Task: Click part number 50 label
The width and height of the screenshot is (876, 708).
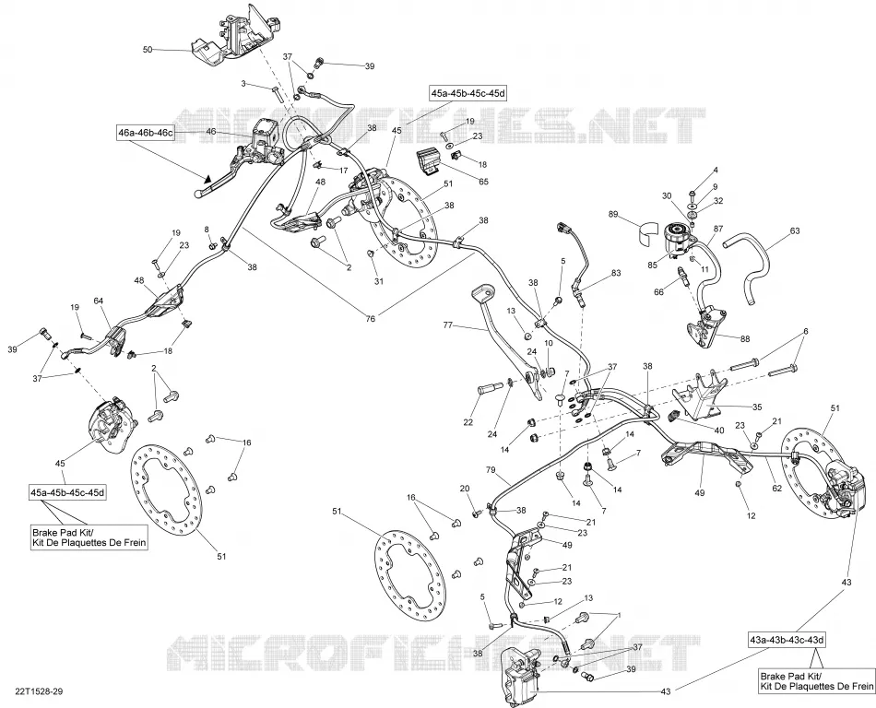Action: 148,50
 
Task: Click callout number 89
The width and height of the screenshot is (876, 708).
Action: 613,215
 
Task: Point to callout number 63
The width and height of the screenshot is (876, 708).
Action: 795,230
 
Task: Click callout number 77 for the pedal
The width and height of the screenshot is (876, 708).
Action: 447,324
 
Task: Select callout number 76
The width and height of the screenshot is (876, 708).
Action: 371,319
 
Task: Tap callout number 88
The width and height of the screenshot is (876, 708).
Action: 745,339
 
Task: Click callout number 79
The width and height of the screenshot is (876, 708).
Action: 491,470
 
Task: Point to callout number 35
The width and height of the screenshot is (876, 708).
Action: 757,407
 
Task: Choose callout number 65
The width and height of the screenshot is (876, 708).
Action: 483,182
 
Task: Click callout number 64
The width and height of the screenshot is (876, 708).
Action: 99,301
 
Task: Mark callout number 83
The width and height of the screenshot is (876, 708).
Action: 616,273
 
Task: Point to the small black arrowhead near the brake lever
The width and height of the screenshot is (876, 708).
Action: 207,179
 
